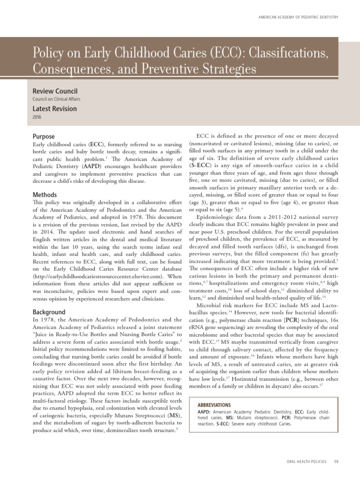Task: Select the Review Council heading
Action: [x=55, y=91]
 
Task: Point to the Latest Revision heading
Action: [x=54, y=109]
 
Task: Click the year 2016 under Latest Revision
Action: [x=37, y=117]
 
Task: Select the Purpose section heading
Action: [x=44, y=136]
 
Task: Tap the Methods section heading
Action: [x=45, y=195]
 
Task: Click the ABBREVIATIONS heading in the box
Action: [x=214, y=405]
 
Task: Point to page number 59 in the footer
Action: [x=336, y=462]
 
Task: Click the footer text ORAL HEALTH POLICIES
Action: [x=306, y=462]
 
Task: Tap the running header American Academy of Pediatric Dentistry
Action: [x=298, y=18]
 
